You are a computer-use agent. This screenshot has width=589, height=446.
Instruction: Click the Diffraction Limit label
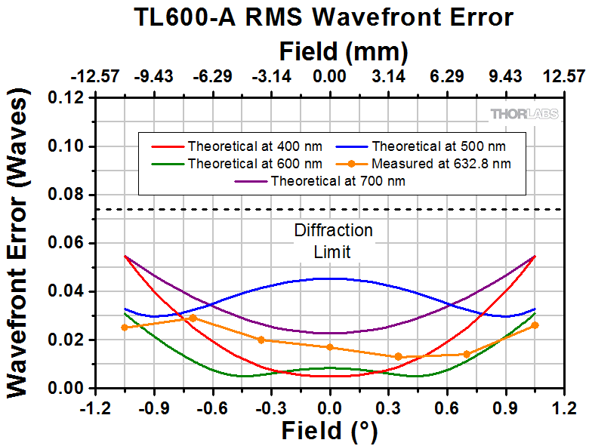click(333, 241)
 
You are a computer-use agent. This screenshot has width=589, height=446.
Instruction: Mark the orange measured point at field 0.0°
click(330, 347)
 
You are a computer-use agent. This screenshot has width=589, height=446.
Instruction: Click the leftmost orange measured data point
click(125, 328)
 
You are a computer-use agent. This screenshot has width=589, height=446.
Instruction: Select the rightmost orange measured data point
click(535, 325)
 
